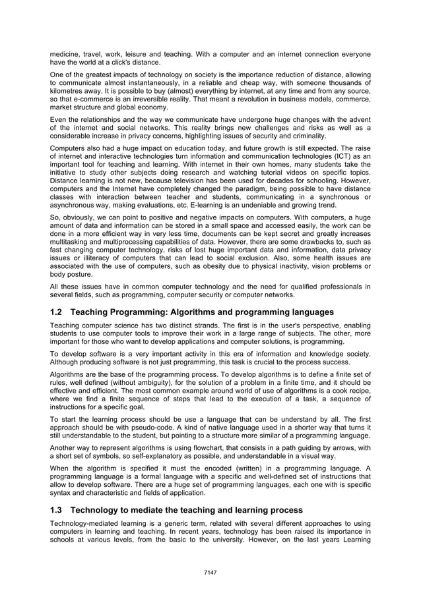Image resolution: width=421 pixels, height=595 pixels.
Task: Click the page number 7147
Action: (x=210, y=572)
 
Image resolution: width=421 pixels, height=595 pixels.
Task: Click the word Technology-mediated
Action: (x=86, y=524)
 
